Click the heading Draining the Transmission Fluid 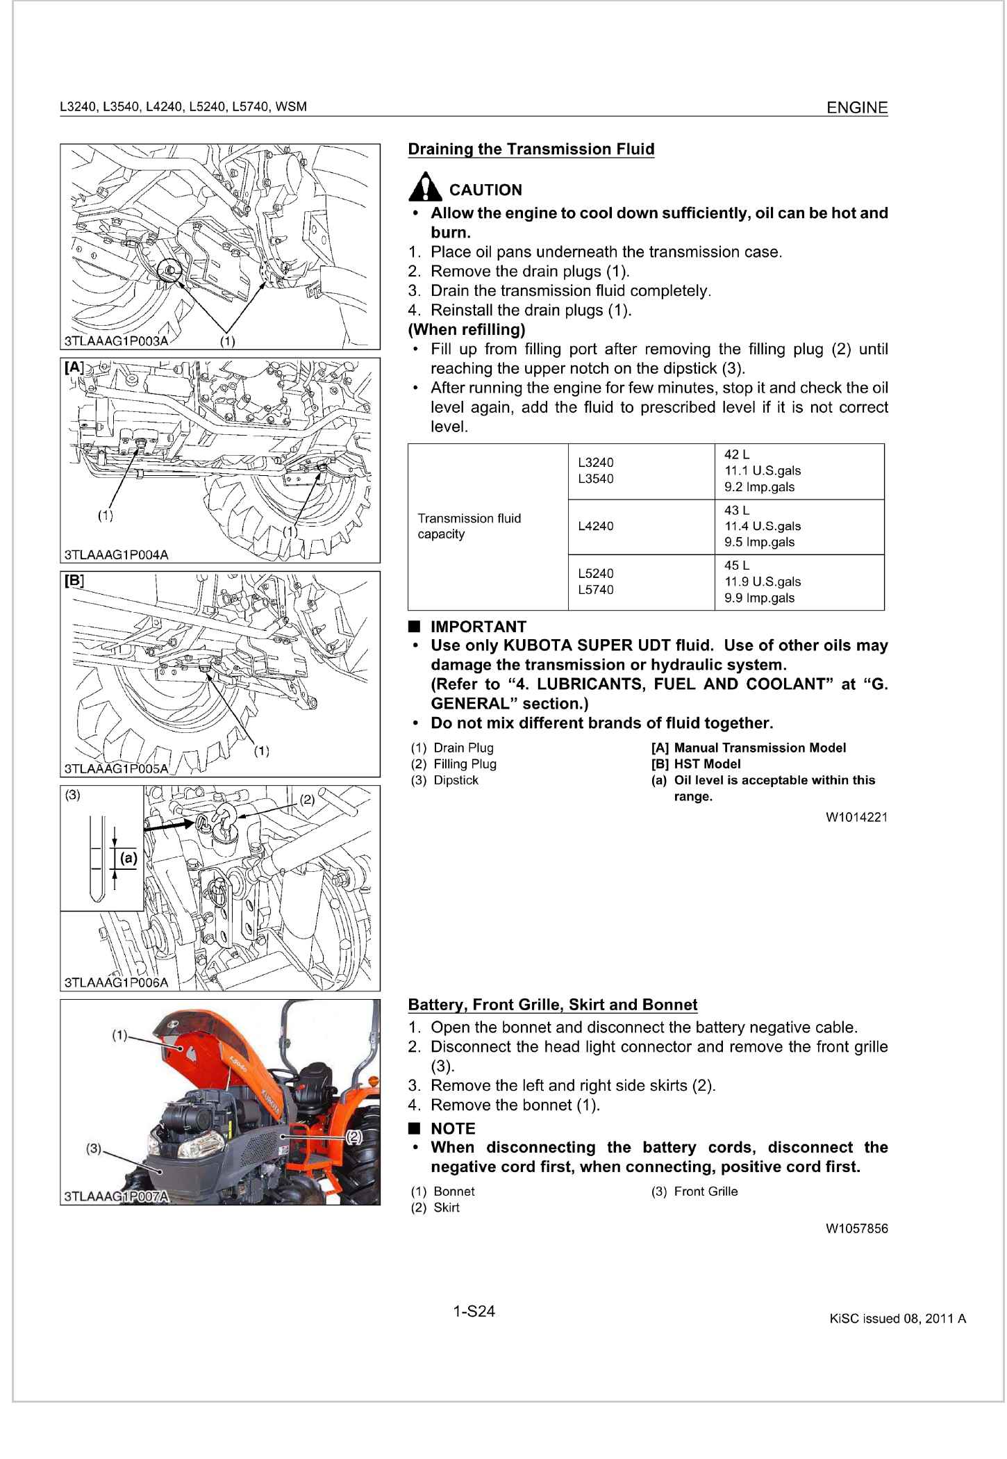point(531,149)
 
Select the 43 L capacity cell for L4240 point(799,527)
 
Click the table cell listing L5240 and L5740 point(641,582)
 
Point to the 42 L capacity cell point(799,471)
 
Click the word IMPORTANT point(478,627)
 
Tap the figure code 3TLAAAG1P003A point(115,341)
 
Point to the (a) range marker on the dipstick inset point(128,858)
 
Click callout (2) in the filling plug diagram point(307,800)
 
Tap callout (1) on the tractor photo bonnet point(120,1036)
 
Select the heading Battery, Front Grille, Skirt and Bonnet point(552,1005)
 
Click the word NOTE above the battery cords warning point(453,1128)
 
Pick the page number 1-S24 point(474,1312)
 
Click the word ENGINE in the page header point(857,108)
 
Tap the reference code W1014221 point(856,817)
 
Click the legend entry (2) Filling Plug point(454,764)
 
